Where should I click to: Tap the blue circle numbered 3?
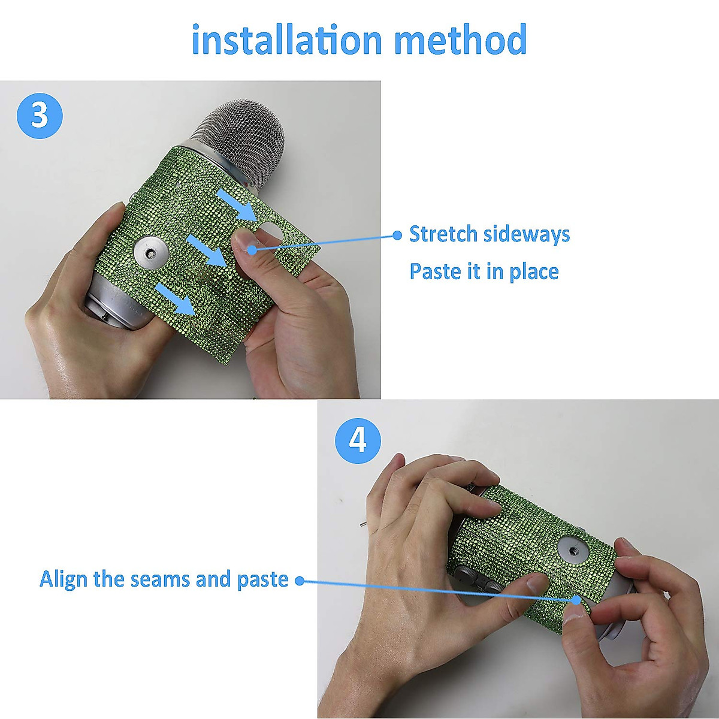[40, 116]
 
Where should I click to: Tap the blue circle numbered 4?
[358, 440]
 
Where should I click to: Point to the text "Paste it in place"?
[484, 271]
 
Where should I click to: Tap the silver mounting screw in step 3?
[151, 254]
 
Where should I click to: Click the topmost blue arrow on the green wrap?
[237, 204]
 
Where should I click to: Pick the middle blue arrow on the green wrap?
[206, 250]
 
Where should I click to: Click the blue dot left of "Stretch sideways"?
[397, 235]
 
